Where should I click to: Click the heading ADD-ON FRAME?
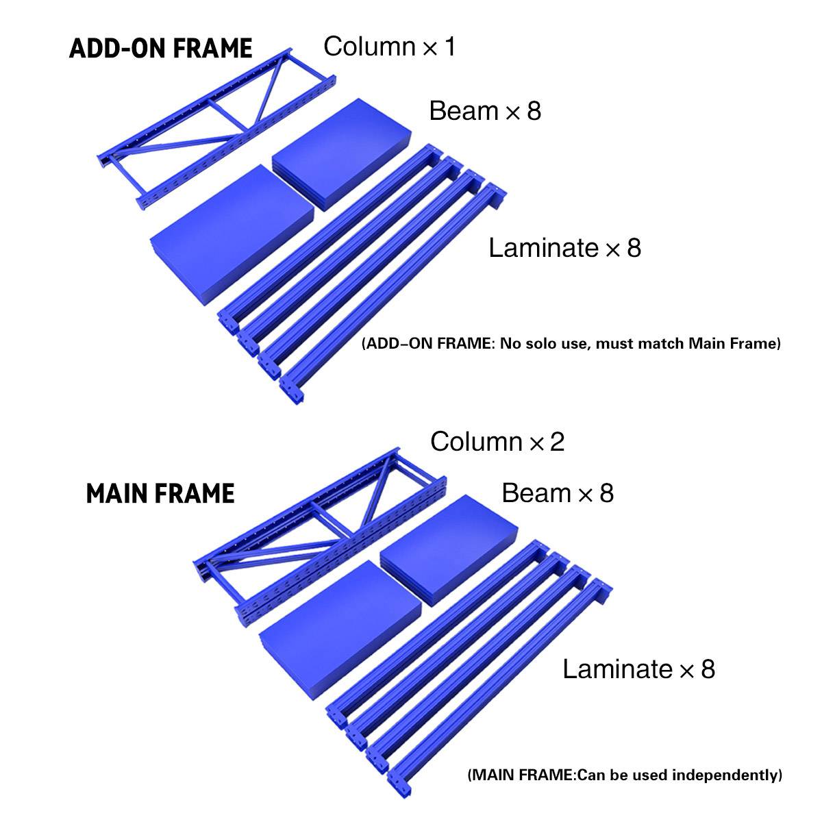[x=160, y=48]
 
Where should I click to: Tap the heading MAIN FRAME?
[x=160, y=493]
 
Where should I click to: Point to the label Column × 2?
[x=497, y=441]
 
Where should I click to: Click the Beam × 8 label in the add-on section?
[x=485, y=110]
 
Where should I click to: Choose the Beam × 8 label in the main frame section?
[x=558, y=493]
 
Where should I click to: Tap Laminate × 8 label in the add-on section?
[x=564, y=247]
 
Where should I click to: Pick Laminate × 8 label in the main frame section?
[x=638, y=669]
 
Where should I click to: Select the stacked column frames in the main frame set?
[x=320, y=536]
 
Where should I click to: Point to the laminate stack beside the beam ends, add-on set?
[x=232, y=235]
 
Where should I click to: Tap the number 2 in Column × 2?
[x=557, y=441]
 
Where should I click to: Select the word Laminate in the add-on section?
[x=543, y=247]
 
